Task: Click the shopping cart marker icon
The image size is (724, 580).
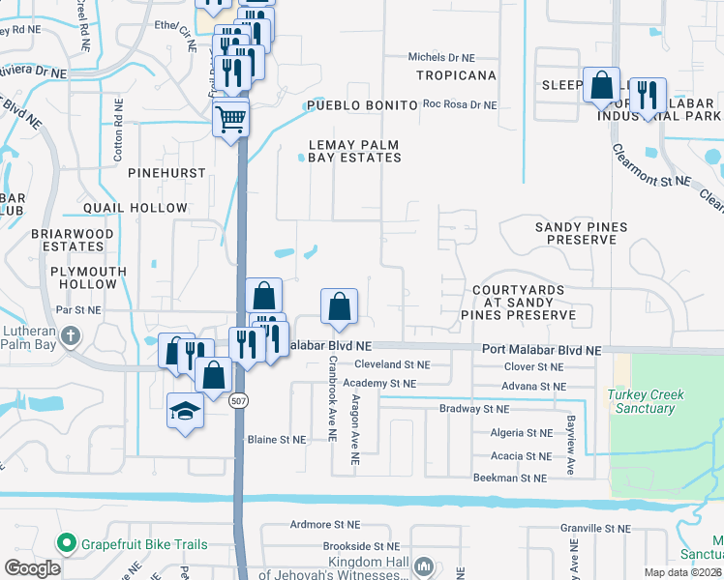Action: click(x=231, y=120)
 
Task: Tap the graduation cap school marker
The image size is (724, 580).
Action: click(x=185, y=412)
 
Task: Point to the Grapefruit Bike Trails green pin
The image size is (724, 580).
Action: click(x=67, y=544)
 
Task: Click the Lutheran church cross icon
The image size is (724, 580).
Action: click(x=70, y=336)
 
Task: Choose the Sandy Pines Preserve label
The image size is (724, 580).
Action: click(x=581, y=233)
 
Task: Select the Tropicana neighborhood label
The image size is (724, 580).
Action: click(x=456, y=75)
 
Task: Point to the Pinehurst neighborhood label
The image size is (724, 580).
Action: click(x=166, y=172)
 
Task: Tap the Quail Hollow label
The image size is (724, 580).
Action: click(x=135, y=208)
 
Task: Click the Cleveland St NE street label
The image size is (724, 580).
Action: click(x=391, y=365)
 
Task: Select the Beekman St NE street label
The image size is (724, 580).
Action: click(x=510, y=478)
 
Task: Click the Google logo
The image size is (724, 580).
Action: click(x=32, y=568)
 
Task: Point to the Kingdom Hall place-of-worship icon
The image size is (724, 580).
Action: click(x=423, y=565)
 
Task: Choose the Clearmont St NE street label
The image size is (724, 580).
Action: click(x=650, y=180)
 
